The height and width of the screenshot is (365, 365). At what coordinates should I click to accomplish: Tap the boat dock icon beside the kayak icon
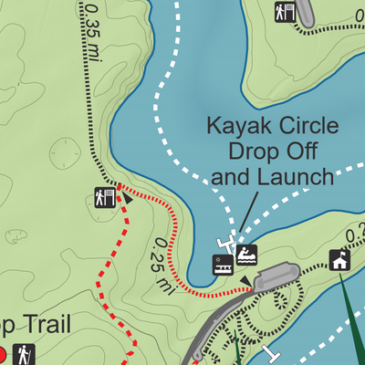click(x=222, y=265)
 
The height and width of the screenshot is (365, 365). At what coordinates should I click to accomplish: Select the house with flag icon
click(x=339, y=261)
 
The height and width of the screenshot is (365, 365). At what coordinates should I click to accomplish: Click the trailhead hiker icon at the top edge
click(x=285, y=11)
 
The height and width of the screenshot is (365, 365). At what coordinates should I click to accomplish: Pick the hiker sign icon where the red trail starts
click(x=104, y=196)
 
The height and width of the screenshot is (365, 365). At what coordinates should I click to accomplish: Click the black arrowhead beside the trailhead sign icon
click(x=127, y=199)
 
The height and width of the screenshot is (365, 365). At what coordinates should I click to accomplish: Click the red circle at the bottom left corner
click(x=3, y=353)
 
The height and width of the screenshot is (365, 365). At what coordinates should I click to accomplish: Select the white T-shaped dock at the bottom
click(x=270, y=351)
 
